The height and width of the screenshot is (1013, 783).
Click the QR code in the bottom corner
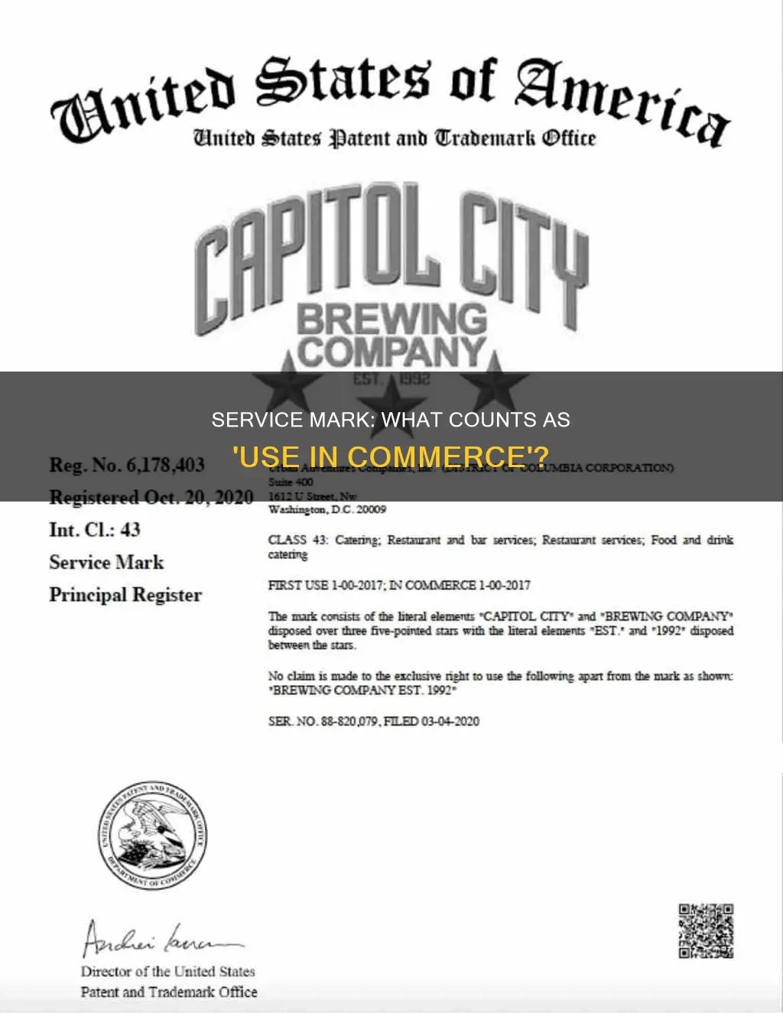point(706,930)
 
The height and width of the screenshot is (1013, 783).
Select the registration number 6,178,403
point(126,465)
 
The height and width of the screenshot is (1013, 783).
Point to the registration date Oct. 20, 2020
point(151,497)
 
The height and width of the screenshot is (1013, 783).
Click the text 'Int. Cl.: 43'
point(95,529)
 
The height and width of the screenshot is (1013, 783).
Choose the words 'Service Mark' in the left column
point(106,562)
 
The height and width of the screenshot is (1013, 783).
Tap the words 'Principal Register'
point(125,595)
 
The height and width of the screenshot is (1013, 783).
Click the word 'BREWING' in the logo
point(391,319)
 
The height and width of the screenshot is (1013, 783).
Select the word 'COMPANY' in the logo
point(391,352)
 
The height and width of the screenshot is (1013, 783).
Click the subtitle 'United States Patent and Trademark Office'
point(394,139)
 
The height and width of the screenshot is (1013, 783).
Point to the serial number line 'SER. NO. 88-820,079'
point(374,721)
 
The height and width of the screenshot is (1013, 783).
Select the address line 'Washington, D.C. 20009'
point(327,509)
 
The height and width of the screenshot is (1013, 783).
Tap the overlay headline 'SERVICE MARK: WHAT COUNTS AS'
point(391,420)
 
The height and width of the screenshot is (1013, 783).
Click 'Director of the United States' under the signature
point(167,972)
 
